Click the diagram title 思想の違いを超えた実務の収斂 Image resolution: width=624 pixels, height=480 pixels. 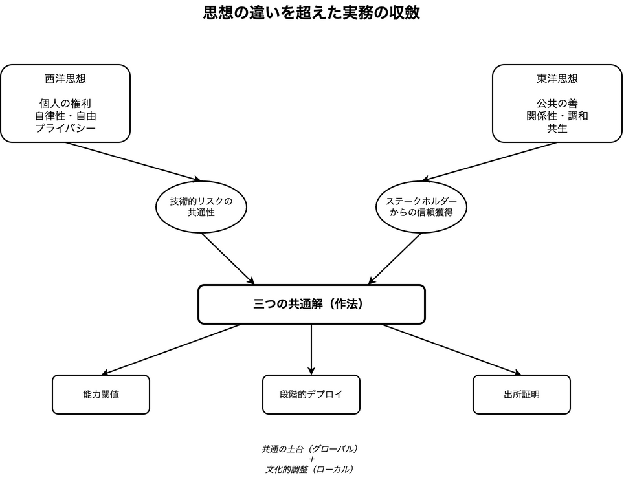pyautogui.click(x=311, y=14)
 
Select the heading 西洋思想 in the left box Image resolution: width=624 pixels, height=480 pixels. pyautogui.click(x=65, y=79)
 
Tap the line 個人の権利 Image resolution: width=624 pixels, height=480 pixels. pyautogui.click(x=65, y=104)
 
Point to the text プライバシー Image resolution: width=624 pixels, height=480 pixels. pyautogui.click(x=65, y=128)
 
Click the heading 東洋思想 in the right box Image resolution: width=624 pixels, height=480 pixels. pyautogui.click(x=557, y=79)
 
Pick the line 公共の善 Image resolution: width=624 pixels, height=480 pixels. pyautogui.click(x=557, y=104)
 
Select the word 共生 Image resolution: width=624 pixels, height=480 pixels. pyautogui.click(x=557, y=128)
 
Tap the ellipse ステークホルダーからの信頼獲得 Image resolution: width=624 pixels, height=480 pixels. pyautogui.click(x=421, y=207)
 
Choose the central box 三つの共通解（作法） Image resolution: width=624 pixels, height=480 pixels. pyautogui.click(x=311, y=304)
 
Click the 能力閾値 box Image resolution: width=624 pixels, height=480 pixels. pyautogui.click(x=101, y=395)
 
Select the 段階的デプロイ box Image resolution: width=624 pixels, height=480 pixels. pyautogui.click(x=311, y=395)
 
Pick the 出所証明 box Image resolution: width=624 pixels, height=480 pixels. pyautogui.click(x=522, y=395)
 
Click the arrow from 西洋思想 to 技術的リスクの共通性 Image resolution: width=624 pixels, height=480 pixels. pyautogui.click(x=133, y=161)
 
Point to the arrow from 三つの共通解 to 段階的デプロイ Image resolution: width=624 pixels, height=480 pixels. pyautogui.click(x=311, y=349)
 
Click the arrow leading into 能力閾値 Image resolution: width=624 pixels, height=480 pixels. pyautogui.click(x=172, y=349)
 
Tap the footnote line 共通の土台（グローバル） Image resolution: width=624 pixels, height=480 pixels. pyautogui.click(x=311, y=448)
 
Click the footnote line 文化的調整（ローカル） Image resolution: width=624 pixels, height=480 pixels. pyautogui.click(x=311, y=469)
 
